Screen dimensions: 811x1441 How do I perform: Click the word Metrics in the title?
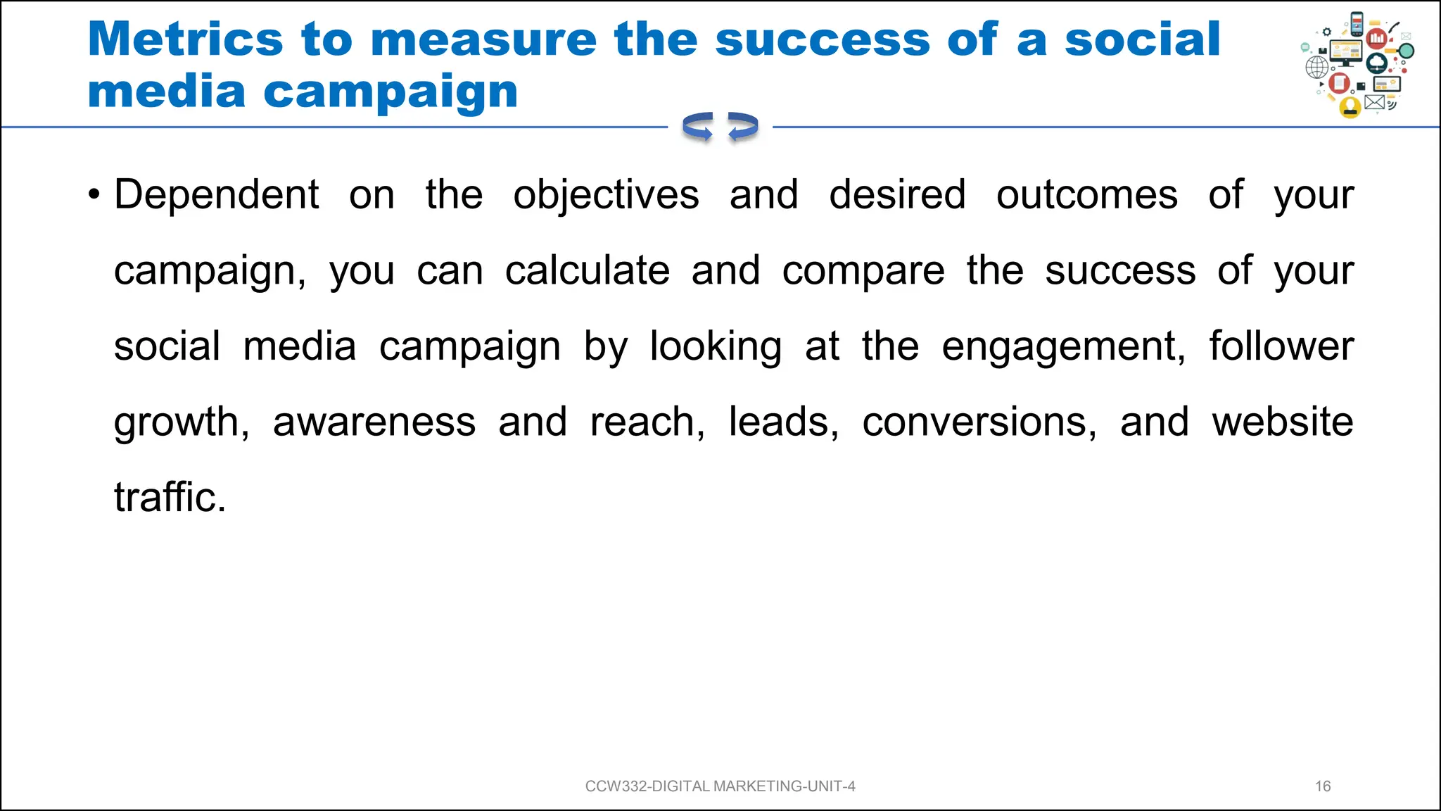pyautogui.click(x=185, y=39)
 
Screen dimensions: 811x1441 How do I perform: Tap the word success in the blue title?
pyautogui.click(x=823, y=39)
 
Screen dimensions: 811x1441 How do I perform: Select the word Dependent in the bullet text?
pyautogui.click(x=217, y=195)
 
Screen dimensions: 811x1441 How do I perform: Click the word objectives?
pyautogui.click(x=606, y=195)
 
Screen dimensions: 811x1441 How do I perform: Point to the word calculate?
pyautogui.click(x=587, y=271)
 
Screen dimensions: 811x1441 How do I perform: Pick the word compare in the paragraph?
pyautogui.click(x=863, y=271)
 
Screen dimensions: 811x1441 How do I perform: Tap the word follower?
pyautogui.click(x=1281, y=346)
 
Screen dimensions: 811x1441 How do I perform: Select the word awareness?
pyautogui.click(x=374, y=422)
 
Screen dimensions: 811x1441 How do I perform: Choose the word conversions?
pyautogui.click(x=979, y=422)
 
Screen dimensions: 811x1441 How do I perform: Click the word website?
pyautogui.click(x=1282, y=422)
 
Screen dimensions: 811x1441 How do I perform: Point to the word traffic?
pyautogui.click(x=170, y=498)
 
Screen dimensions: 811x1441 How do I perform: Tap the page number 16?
pyautogui.click(x=1323, y=786)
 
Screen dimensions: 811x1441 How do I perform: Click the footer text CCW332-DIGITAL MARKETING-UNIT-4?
pyautogui.click(x=720, y=786)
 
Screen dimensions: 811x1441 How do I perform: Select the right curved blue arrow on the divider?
pyautogui.click(x=743, y=127)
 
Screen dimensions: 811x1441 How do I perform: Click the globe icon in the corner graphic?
pyautogui.click(x=1316, y=68)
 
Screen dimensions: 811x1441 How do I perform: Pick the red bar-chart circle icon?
pyautogui.click(x=1377, y=38)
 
